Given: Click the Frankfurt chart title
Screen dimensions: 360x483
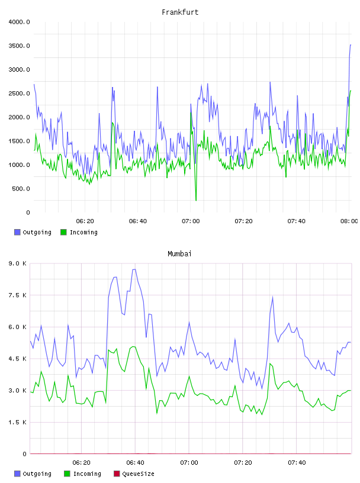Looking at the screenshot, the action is tap(180, 12).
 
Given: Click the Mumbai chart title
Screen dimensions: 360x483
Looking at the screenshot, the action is tap(179, 253).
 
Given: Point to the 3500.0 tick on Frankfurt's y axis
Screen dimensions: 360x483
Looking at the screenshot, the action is tap(19, 46).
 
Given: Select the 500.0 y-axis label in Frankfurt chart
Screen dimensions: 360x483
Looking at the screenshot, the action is tap(21, 188).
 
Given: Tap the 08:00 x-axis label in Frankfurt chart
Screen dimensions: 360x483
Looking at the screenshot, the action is tap(349, 221).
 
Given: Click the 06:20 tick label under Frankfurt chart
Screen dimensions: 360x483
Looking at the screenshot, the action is tap(85, 221).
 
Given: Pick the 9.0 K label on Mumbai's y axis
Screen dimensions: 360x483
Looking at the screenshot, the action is tap(17, 263).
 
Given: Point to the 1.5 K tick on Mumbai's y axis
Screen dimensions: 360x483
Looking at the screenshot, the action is tap(17, 422).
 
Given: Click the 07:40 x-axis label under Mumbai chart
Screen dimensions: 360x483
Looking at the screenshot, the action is tap(297, 462).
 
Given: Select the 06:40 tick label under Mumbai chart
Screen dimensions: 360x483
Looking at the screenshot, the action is tap(135, 462).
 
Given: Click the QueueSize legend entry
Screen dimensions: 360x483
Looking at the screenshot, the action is tap(134, 474).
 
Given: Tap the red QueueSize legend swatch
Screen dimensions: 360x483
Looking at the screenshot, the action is tap(117, 474).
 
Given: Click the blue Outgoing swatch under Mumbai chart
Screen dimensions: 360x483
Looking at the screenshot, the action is tap(17, 474).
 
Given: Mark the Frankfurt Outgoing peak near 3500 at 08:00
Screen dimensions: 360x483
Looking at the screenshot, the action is tap(350, 45).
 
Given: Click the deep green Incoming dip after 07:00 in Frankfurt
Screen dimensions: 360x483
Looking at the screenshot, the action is tap(196, 200).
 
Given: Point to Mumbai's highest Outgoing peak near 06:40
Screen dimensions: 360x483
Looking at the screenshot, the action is tap(134, 269).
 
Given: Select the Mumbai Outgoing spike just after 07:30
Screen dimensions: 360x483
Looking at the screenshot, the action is tap(272, 298).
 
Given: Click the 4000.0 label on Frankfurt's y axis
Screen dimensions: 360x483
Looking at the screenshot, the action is tap(19, 22).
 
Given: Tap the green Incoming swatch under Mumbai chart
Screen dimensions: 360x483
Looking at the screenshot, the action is tap(67, 474).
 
